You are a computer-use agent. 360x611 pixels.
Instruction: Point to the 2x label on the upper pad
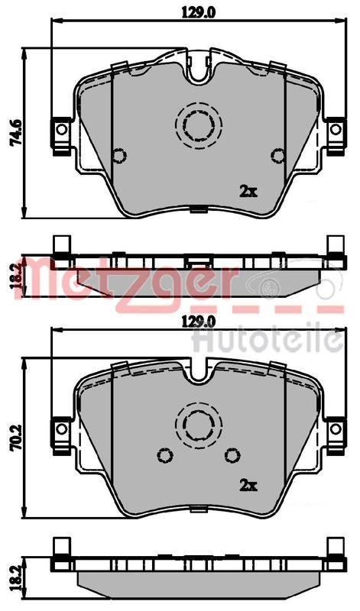tap(248, 191)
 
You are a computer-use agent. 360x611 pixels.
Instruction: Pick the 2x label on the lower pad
tap(248, 484)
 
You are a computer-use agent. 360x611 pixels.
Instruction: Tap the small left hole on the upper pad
tap(118, 156)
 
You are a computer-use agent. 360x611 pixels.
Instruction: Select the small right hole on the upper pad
tap(278, 156)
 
